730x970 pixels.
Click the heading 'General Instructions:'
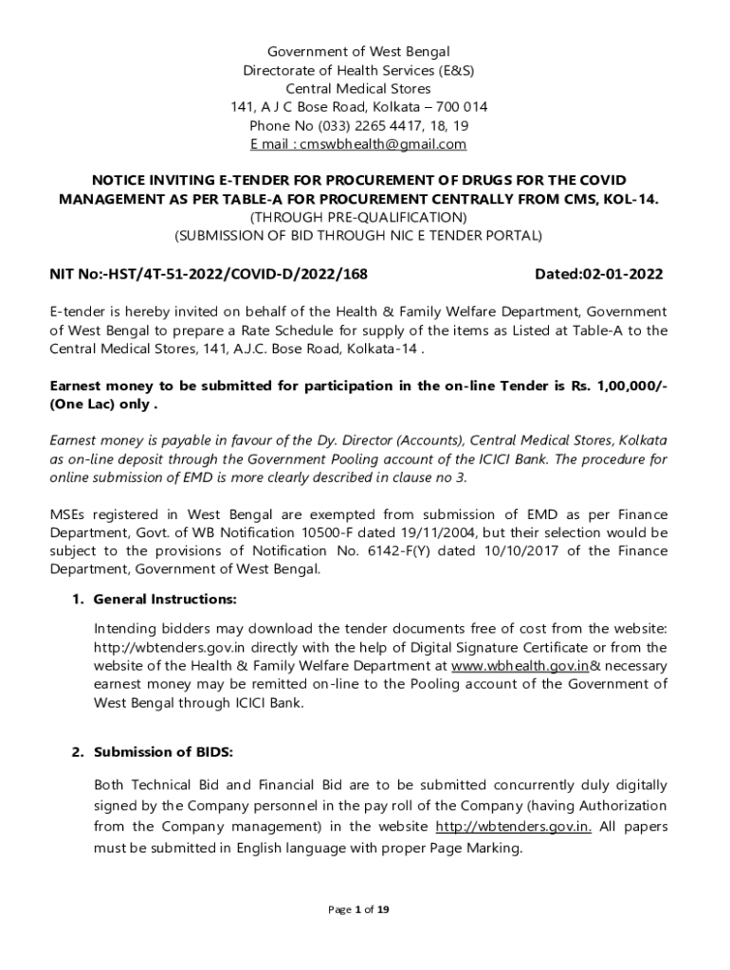click(x=165, y=600)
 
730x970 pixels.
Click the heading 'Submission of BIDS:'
click(x=163, y=752)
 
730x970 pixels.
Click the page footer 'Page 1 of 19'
click(x=358, y=909)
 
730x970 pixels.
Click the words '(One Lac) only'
click(x=100, y=404)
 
